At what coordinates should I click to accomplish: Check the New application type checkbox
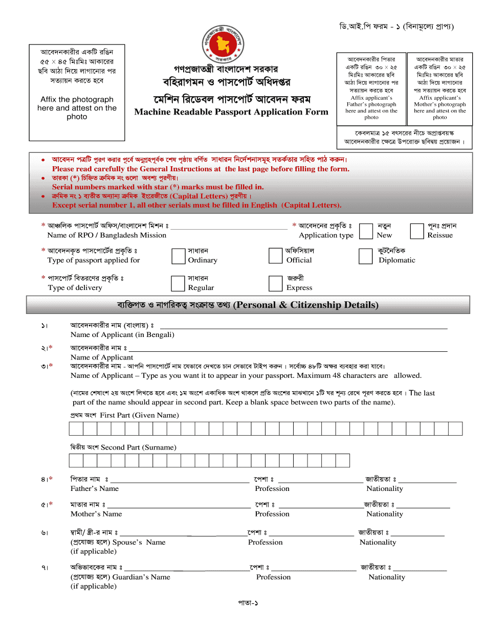pyautogui.click(x=366, y=231)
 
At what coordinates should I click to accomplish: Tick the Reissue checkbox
pyautogui.click(x=417, y=231)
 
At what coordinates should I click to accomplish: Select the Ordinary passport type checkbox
pyautogui.click(x=178, y=256)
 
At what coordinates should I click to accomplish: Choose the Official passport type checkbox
pyautogui.click(x=276, y=256)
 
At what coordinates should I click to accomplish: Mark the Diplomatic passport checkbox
pyautogui.click(x=365, y=256)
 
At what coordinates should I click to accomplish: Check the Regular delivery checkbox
pyautogui.click(x=178, y=283)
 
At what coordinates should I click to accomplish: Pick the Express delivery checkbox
pyautogui.click(x=276, y=283)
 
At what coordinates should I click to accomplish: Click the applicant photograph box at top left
pyautogui.click(x=77, y=92)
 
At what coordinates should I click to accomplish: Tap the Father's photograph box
pyautogui.click(x=371, y=88)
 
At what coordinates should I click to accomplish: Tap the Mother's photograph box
pyautogui.click(x=439, y=88)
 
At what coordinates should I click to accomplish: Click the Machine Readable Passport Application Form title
pyautogui.click(x=231, y=112)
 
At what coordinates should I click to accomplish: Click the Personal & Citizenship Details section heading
pyautogui.click(x=248, y=305)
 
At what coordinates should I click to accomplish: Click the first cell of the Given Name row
pyautogui.click(x=76, y=429)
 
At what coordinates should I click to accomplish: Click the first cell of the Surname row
pyautogui.click(x=76, y=461)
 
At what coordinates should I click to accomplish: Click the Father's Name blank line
pyautogui.click(x=180, y=482)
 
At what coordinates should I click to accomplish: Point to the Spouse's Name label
pyautogui.click(x=139, y=542)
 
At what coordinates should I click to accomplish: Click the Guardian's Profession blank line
pyautogui.click(x=314, y=570)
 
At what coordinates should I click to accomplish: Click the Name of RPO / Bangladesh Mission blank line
pyautogui.click(x=229, y=229)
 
